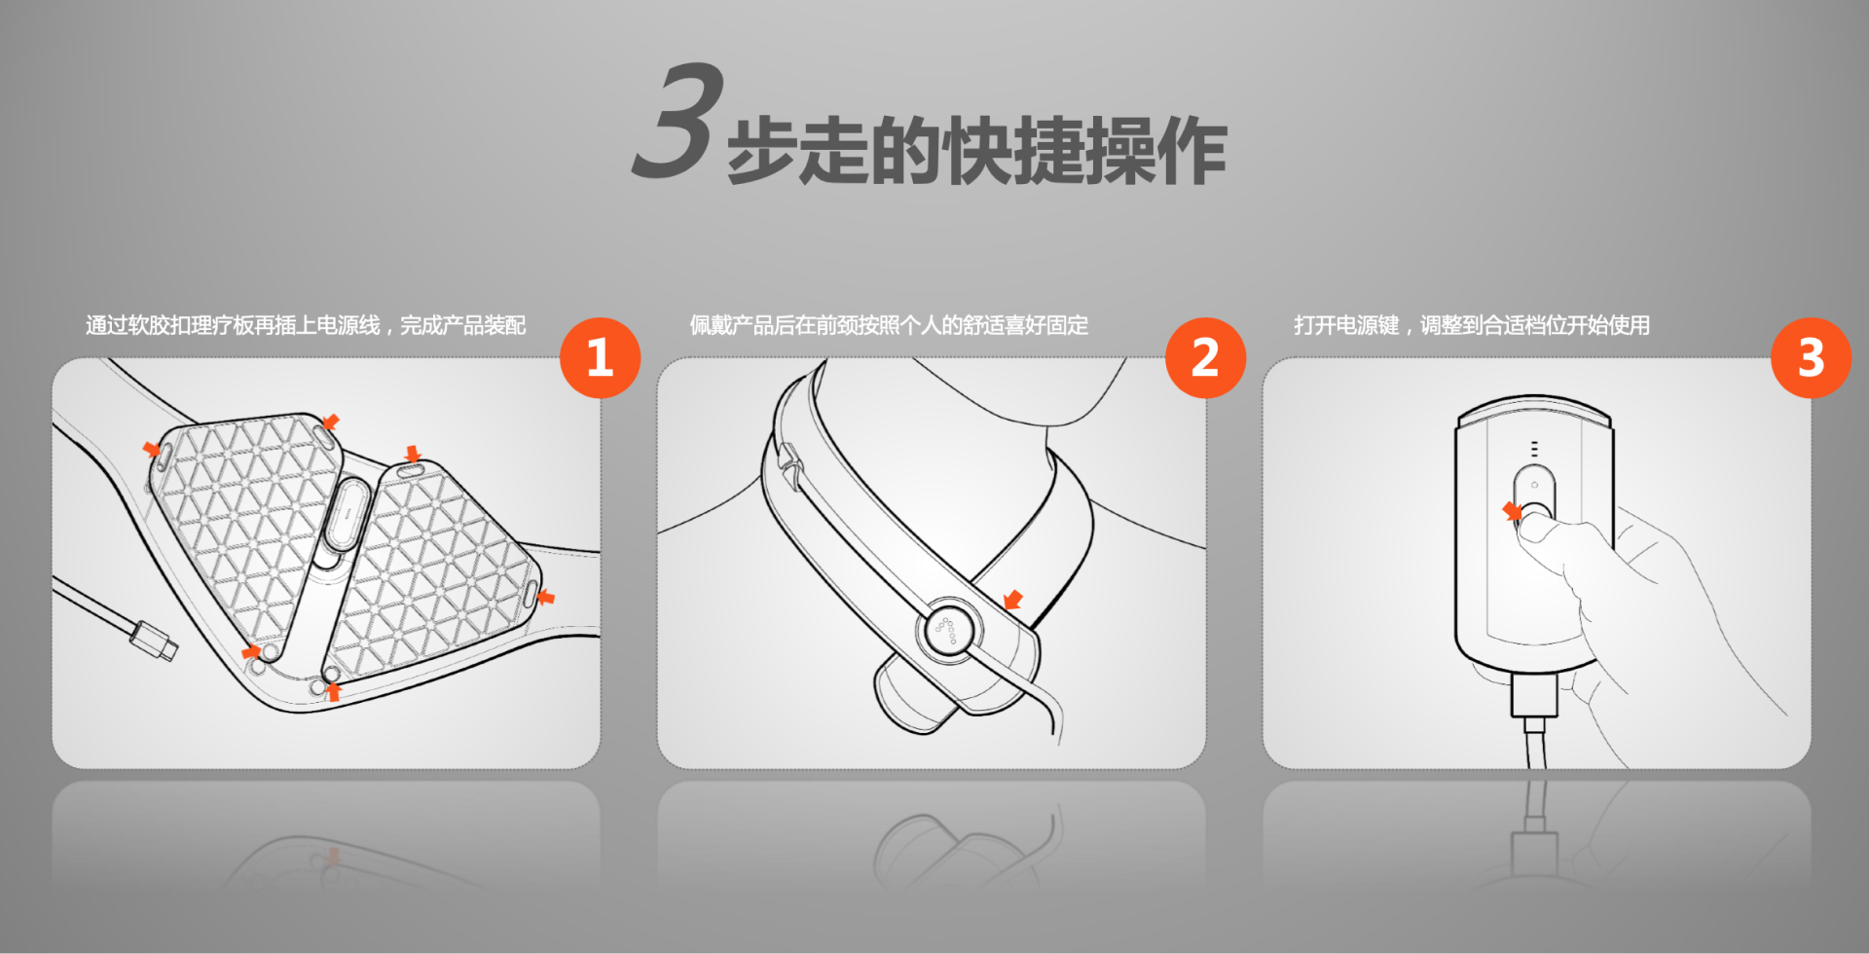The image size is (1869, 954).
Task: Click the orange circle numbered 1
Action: pos(600,357)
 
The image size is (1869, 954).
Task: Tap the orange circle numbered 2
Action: pos(1205,357)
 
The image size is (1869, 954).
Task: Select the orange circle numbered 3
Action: pos(1811,357)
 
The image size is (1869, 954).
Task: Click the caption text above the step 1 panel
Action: pos(306,325)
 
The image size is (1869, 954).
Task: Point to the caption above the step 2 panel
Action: pos(889,325)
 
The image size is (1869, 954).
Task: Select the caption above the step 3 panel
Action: pos(1472,325)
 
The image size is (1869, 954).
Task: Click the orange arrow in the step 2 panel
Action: pos(1013,600)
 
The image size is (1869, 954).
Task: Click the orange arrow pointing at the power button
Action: pos(1512,511)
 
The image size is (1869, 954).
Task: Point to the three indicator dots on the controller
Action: pos(1535,449)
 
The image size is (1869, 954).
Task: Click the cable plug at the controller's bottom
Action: pos(1535,698)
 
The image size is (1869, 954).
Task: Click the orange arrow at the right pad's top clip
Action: pos(413,454)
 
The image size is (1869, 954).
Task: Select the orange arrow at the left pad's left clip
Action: pos(152,449)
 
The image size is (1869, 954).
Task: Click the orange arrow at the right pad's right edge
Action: pos(546,597)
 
